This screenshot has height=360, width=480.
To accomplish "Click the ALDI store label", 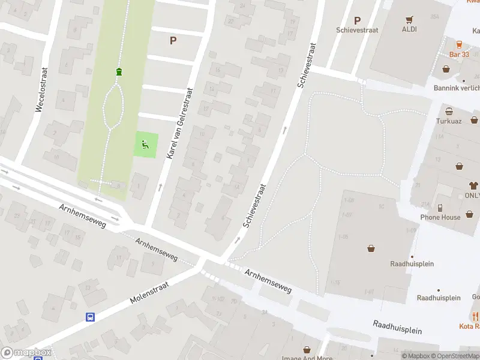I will (410, 29).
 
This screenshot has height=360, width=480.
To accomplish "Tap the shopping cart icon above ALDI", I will (410, 19).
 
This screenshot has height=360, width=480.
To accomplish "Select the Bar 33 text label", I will (459, 55).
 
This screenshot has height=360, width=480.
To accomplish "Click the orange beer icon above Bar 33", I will (459, 44).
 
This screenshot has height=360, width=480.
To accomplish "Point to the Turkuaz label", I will (449, 121).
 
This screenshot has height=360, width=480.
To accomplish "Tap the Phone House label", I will (440, 217).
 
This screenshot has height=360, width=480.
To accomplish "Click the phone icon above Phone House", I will (440, 207).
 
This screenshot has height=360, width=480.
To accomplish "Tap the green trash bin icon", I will (119, 72).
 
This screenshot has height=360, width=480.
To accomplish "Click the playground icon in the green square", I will (145, 144).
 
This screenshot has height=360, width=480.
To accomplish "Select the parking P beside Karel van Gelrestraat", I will (173, 41).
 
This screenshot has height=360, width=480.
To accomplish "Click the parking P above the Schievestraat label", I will (358, 20).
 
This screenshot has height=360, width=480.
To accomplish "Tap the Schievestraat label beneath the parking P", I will (358, 30).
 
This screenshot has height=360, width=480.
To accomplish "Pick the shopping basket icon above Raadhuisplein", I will (371, 248).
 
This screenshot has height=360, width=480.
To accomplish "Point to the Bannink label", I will (457, 88).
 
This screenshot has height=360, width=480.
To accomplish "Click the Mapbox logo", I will (26, 353).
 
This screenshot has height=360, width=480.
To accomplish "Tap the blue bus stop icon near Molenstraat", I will (90, 317).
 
